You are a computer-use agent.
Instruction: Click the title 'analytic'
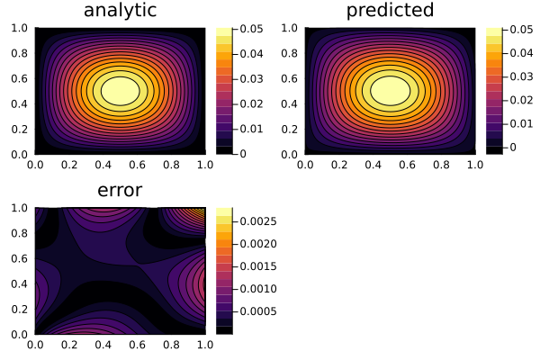point(120,11)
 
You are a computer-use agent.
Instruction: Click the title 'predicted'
point(390,11)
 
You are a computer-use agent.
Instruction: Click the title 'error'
point(120,191)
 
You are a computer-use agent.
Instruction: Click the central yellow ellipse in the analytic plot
point(120,90)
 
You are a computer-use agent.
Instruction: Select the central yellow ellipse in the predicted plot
point(390,90)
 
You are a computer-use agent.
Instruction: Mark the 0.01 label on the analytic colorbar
point(253,130)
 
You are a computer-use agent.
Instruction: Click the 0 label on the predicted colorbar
point(514,145)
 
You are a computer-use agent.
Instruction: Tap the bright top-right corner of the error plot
point(200,212)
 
